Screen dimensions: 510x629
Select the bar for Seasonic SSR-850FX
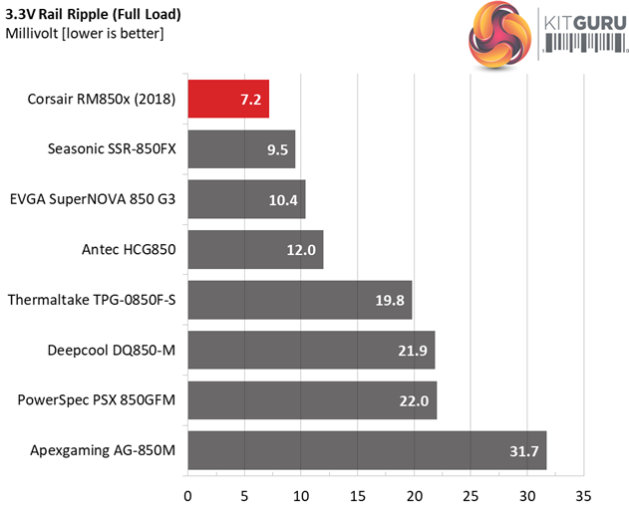pos(240,149)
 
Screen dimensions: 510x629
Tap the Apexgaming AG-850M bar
pos(366,451)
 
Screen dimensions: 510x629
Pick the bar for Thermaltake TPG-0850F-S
pos(299,300)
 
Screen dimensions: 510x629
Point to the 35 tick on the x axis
pos(583,495)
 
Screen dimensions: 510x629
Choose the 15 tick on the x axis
pos(357,495)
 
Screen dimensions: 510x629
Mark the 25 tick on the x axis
pos(471,495)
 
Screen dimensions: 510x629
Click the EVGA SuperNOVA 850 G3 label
pos(92,199)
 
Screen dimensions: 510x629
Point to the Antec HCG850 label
pos(126,250)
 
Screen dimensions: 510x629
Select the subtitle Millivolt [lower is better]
pos(85,35)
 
